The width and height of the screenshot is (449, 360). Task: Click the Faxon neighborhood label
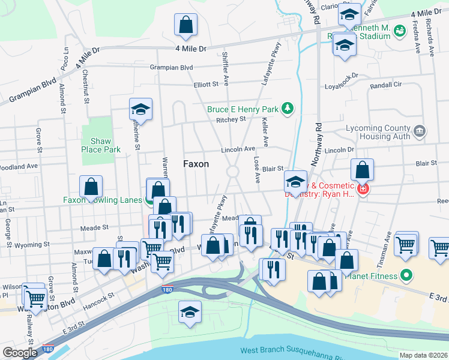[196, 163]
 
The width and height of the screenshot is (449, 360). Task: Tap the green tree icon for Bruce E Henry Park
[289, 109]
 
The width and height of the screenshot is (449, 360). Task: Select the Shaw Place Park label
[96, 145]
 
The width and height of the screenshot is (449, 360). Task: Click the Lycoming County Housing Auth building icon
[420, 130]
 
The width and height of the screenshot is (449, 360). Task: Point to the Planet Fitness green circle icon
[406, 276]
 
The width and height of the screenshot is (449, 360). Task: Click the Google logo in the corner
[20, 352]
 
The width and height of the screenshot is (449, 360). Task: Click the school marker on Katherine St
[141, 109]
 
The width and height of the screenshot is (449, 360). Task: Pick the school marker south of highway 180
[190, 312]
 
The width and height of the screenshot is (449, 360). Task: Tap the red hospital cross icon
[363, 190]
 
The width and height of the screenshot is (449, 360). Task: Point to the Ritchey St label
[231, 119]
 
